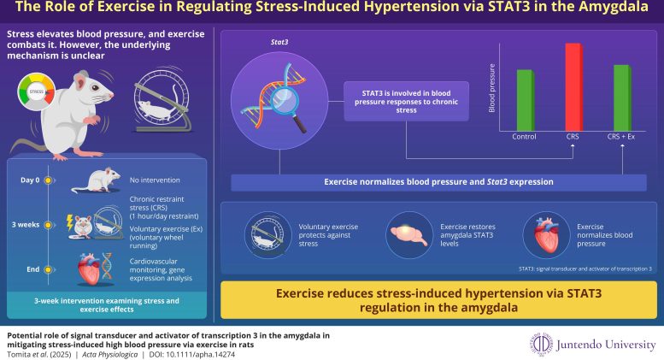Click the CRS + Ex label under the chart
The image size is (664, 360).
pos(621,136)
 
